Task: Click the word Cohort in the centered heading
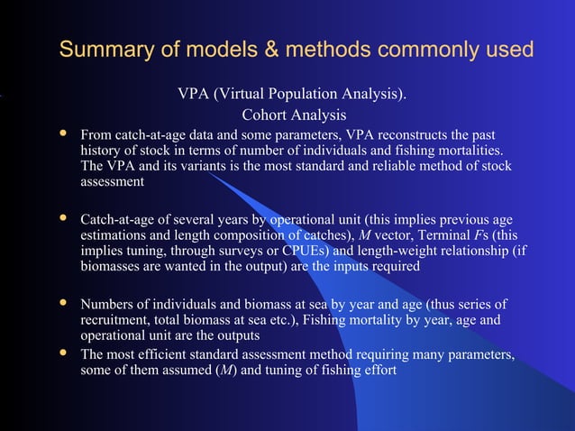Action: [266, 115]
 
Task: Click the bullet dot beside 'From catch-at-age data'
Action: [63, 133]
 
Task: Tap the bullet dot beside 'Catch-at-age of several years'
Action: [63, 218]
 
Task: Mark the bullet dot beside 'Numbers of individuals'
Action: [63, 303]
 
